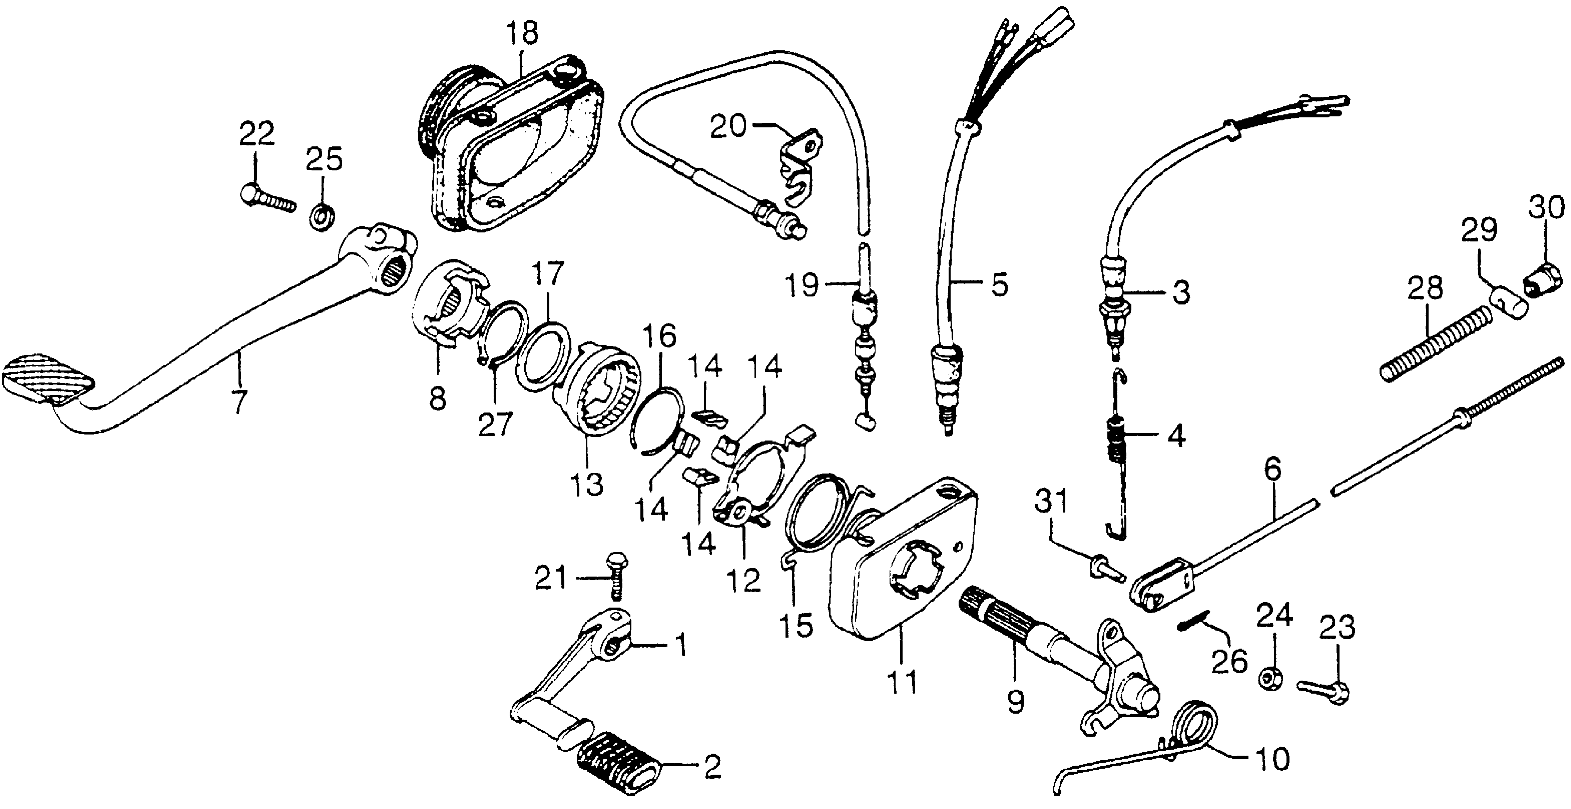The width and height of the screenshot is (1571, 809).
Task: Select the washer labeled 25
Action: (x=321, y=216)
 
